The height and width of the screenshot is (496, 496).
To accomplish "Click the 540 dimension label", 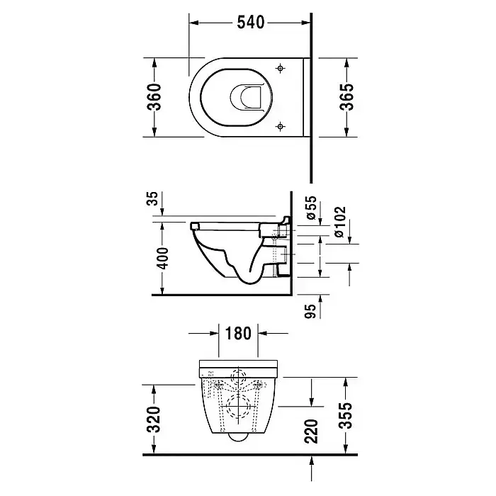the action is click(251, 23).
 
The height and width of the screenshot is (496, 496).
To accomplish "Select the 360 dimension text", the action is click(154, 97).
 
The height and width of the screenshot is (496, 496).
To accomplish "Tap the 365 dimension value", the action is click(346, 97).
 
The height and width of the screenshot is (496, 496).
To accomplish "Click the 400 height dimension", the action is click(163, 259).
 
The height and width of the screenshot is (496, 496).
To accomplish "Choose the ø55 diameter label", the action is click(311, 207).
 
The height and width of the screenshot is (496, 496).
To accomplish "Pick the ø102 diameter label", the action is click(339, 222).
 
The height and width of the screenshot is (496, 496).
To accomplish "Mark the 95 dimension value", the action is click(311, 311).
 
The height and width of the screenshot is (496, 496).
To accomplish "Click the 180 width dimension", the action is click(238, 333).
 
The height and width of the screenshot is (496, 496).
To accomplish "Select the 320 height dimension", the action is click(154, 419).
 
